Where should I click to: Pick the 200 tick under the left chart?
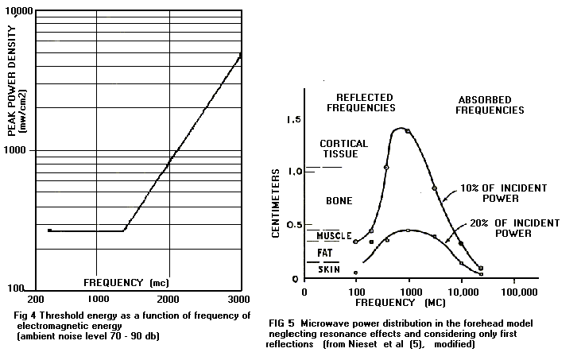tap(37, 299)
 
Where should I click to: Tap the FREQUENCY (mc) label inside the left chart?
tap(126, 282)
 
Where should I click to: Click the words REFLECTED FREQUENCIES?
tap(365, 102)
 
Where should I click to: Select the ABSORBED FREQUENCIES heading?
tap(490, 105)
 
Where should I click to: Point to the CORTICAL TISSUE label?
tap(343, 149)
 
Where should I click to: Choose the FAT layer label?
tap(326, 254)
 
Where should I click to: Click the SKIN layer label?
tap(328, 270)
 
